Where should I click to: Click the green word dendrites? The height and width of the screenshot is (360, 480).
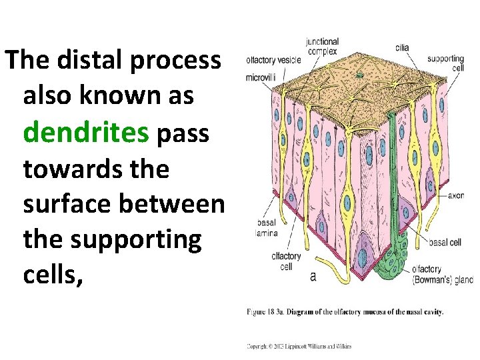click(x=85, y=132)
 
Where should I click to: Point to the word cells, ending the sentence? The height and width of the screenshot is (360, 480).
click(x=53, y=274)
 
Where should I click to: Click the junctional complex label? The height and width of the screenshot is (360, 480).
click(x=322, y=46)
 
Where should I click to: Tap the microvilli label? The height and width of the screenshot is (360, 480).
click(x=260, y=77)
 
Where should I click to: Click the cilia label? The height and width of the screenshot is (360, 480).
click(x=402, y=47)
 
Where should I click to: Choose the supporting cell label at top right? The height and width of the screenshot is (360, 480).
click(x=445, y=63)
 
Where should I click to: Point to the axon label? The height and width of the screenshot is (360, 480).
click(x=456, y=196)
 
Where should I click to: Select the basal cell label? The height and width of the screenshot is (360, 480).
click(x=445, y=243)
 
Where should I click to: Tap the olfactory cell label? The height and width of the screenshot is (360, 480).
click(x=287, y=261)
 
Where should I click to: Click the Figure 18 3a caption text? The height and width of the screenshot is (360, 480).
click(x=345, y=311)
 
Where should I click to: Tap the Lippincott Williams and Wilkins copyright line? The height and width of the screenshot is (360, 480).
click(x=299, y=346)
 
